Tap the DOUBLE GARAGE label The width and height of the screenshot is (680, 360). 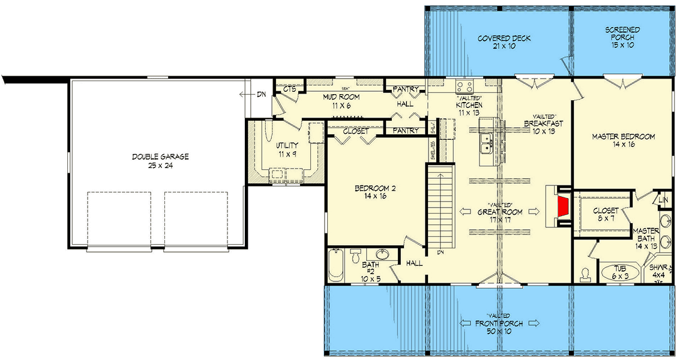click(x=160, y=157)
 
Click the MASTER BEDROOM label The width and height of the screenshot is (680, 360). click(x=622, y=137)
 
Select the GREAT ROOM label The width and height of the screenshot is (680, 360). click(x=499, y=212)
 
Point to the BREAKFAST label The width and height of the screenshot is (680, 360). click(x=542, y=124)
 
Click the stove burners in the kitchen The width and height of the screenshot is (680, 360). click(x=465, y=86)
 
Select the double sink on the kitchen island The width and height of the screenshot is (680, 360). click(x=487, y=142)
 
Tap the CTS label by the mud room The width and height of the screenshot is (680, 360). click(x=289, y=89)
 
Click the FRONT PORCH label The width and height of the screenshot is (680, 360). click(x=498, y=323)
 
